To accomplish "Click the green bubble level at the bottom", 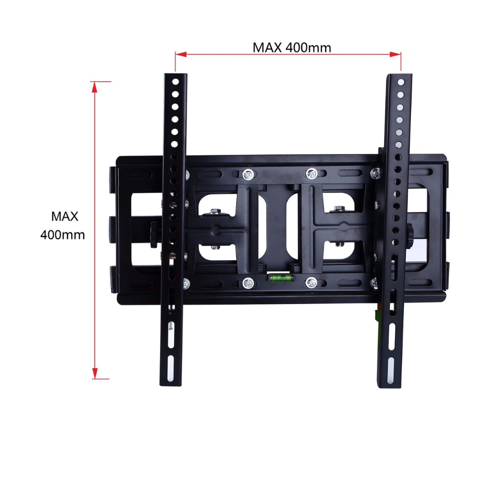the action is coord(281,278).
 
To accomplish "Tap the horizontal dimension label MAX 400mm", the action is coord(292,48).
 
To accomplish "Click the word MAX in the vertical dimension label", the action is coord(64,217).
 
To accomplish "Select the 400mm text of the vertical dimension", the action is coord(63,235).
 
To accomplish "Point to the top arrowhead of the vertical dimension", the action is coord(95,87).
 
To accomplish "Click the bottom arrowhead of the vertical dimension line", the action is coord(95,373).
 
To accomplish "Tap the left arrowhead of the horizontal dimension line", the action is coord(181,55).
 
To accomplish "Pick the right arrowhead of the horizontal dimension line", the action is coord(395,55).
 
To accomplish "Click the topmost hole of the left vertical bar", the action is coord(176,82).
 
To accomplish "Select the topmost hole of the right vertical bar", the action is coord(401,82).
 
